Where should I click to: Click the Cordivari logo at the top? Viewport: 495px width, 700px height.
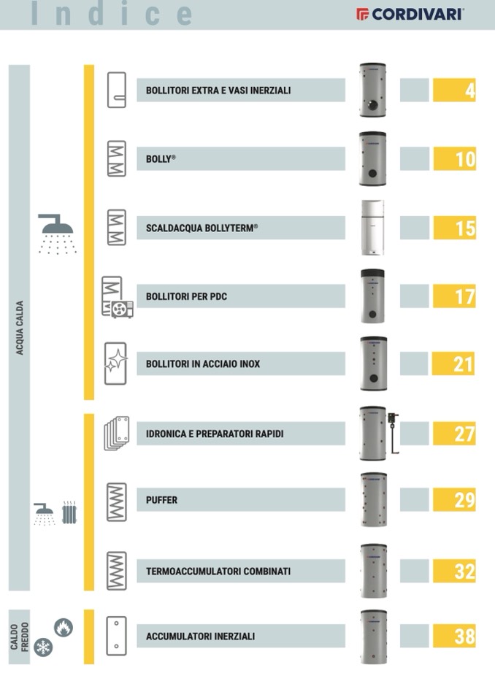coord(410,15)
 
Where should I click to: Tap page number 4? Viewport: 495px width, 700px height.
coord(470,91)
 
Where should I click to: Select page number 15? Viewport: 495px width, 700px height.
coord(466,228)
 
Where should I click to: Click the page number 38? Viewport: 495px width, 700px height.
coord(464,636)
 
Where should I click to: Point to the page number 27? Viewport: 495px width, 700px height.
coord(464,434)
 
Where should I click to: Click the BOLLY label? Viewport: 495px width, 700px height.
coord(161,159)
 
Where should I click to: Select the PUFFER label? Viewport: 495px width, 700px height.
coord(161,500)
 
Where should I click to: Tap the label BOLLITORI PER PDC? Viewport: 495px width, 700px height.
coord(186,296)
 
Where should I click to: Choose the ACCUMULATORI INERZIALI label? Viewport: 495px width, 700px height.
coord(201,636)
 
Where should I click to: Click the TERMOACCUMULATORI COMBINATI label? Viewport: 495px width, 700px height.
coord(218,571)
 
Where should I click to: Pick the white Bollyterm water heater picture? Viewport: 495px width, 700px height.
coord(372,227)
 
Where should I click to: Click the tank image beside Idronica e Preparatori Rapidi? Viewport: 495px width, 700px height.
coord(378,433)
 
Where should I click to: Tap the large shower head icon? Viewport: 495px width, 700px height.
coord(57,234)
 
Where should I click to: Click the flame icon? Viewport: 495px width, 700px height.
coord(64,628)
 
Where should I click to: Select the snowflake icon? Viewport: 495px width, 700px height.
coord(43,647)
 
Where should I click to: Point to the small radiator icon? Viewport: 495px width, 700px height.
coord(69,512)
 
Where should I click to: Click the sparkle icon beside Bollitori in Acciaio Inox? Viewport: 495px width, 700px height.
coord(116,361)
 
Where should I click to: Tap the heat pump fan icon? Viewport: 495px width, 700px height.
coord(123,309)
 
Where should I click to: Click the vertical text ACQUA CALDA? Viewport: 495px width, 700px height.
coord(20,328)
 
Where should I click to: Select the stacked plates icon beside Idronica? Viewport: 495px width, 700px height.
coord(117,433)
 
